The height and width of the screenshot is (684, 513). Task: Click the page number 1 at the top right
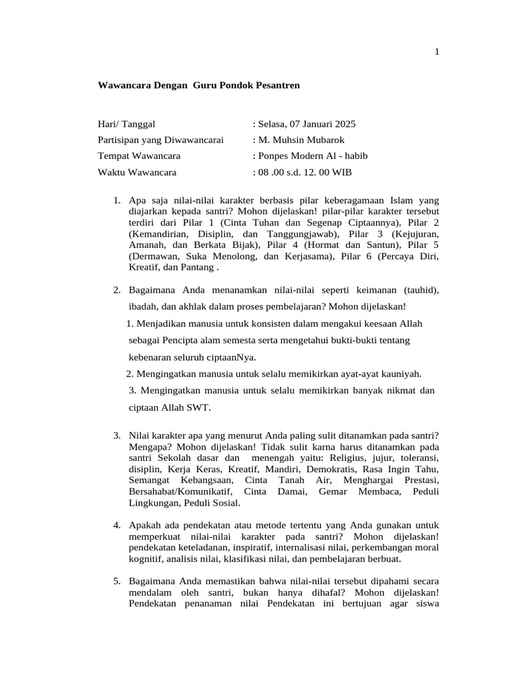pyautogui.click(x=437, y=53)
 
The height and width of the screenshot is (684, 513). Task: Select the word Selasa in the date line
pyautogui.click(x=273, y=124)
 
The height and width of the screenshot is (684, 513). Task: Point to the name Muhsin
pyautogui.click(x=291, y=140)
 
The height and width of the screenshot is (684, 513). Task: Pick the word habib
pyautogui.click(x=355, y=156)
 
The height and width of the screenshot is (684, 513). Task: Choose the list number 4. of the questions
pyautogui.click(x=118, y=526)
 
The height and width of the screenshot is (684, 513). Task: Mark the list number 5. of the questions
pyautogui.click(x=118, y=582)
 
